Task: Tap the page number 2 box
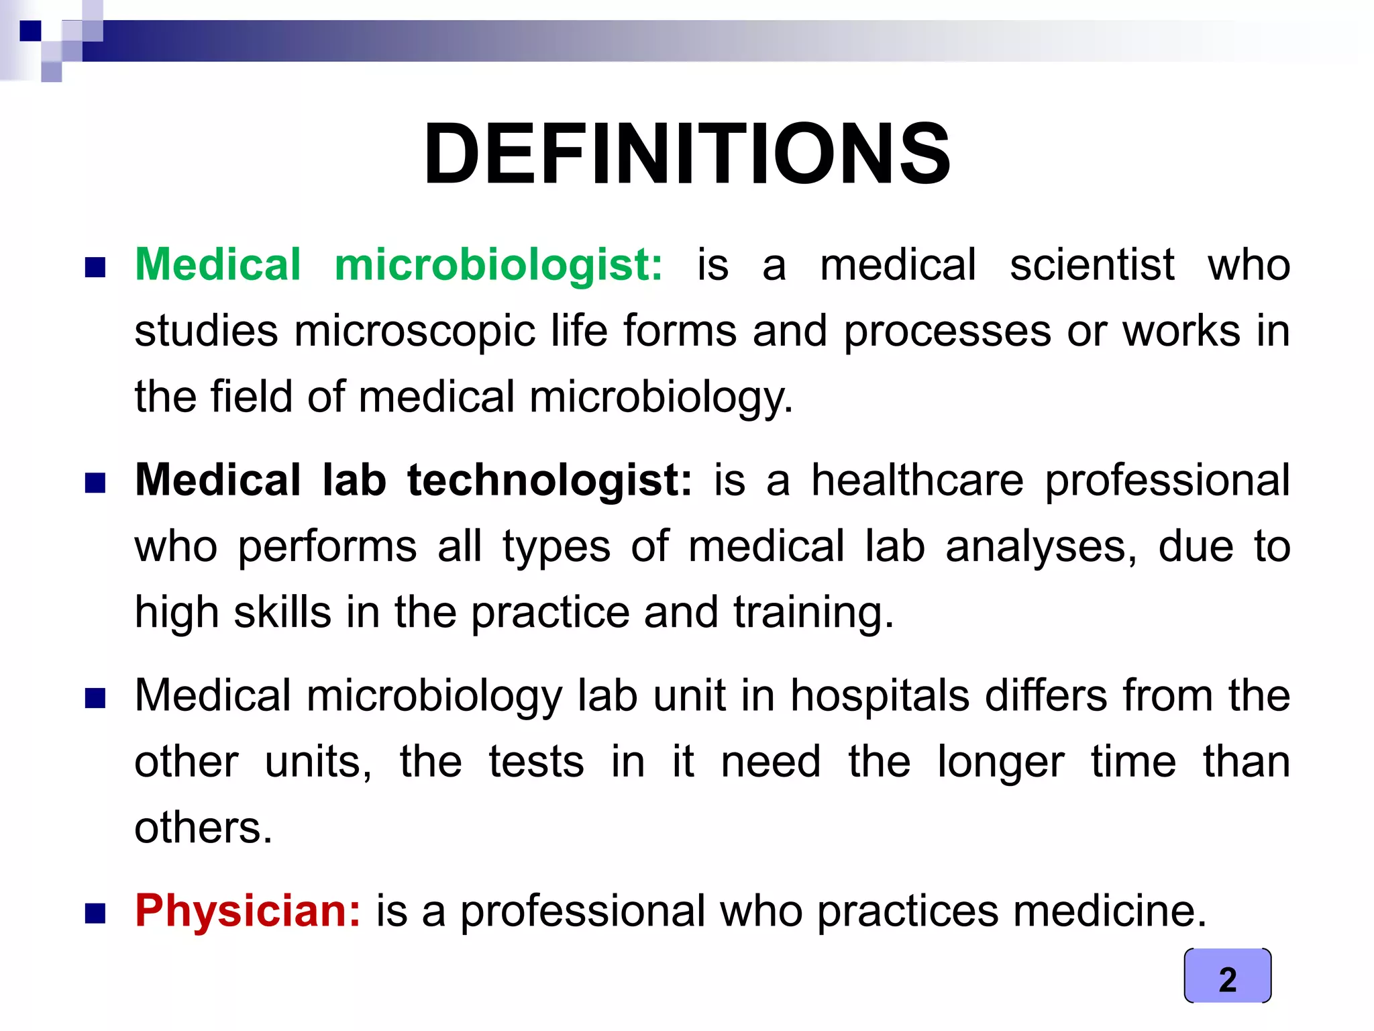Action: (x=1227, y=977)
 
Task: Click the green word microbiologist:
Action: (x=498, y=264)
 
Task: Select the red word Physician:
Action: (x=248, y=911)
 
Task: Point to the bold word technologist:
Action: (x=549, y=481)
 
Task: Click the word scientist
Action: (x=1092, y=264)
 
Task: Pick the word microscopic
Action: (x=415, y=331)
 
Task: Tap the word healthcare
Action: (x=917, y=481)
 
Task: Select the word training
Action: (x=813, y=612)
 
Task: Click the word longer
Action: (x=1000, y=762)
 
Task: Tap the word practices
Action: (x=908, y=911)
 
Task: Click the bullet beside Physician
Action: (x=95, y=914)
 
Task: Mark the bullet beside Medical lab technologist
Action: (x=95, y=483)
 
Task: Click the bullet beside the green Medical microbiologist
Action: (x=95, y=268)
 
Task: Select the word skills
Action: (x=282, y=612)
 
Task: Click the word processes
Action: (x=947, y=331)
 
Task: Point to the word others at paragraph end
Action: (x=202, y=828)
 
